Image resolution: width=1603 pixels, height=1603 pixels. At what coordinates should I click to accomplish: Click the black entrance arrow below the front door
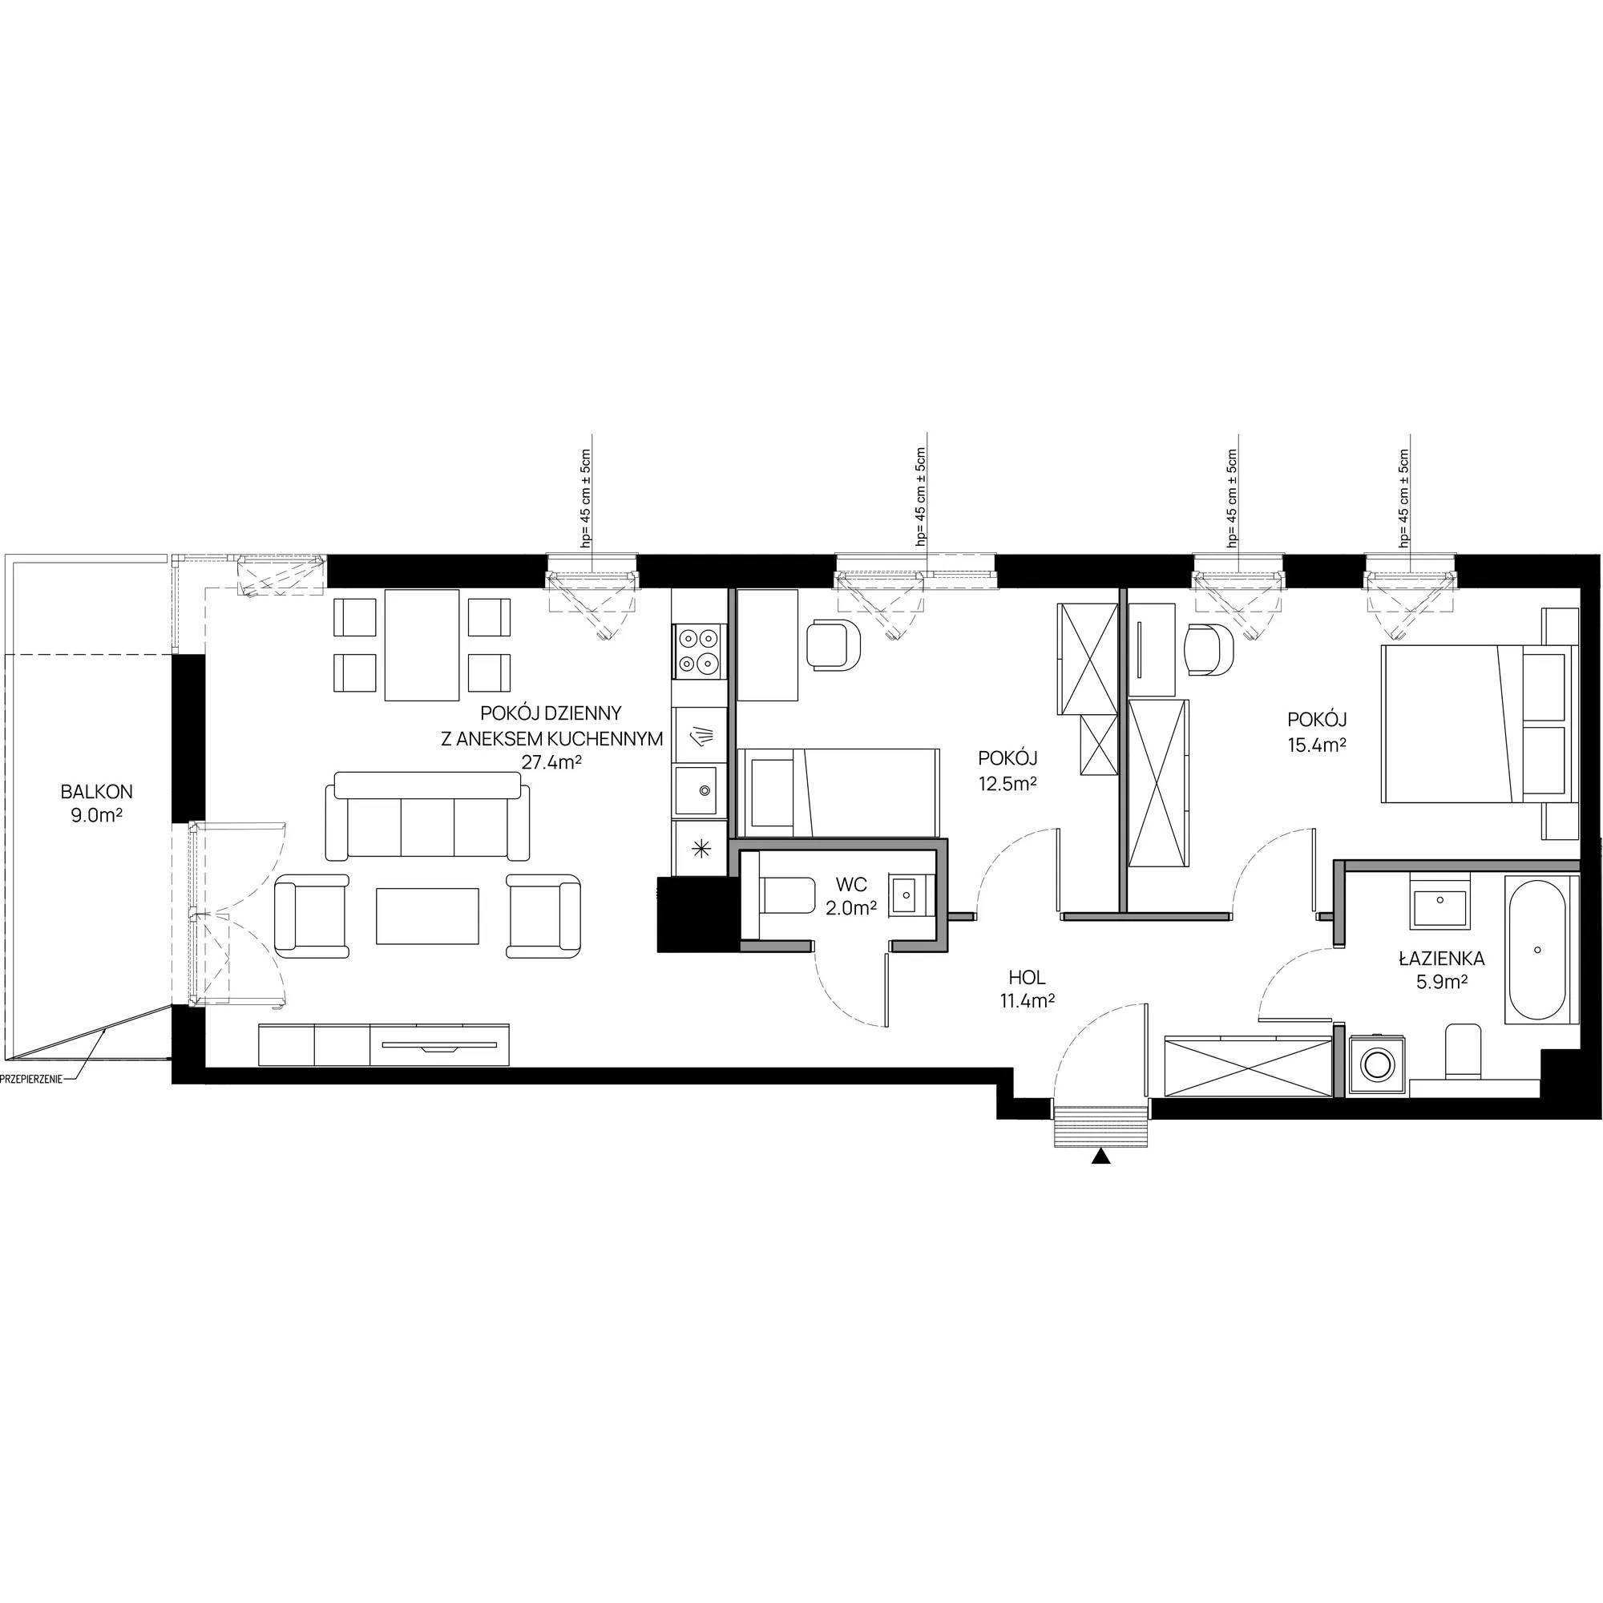pos(1100,1157)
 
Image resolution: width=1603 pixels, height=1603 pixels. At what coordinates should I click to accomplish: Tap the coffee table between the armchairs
pos(427,915)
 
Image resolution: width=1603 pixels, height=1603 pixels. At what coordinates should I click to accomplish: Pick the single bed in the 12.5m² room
pos(838,792)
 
